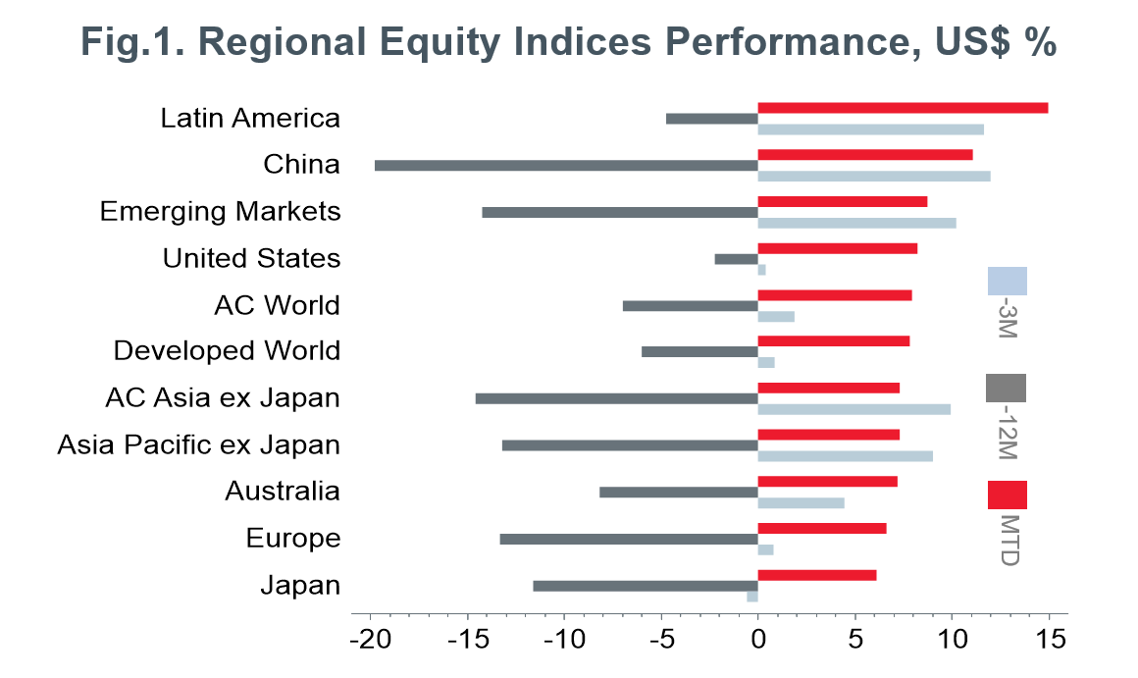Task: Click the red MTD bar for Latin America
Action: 903,108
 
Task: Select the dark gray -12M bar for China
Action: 566,165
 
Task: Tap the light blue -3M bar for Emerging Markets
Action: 856,223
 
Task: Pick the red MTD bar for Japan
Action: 817,575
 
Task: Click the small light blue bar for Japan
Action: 752,596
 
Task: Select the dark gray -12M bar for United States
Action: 736,259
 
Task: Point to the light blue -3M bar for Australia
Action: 801,502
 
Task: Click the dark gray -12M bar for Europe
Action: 629,539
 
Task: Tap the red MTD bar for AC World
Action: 835,295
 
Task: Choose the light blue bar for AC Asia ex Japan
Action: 853,409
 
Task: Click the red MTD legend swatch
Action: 1007,495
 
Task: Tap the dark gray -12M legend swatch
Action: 1006,388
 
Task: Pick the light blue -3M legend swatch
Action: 1007,281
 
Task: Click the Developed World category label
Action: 227,350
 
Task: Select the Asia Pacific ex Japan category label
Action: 198,444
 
